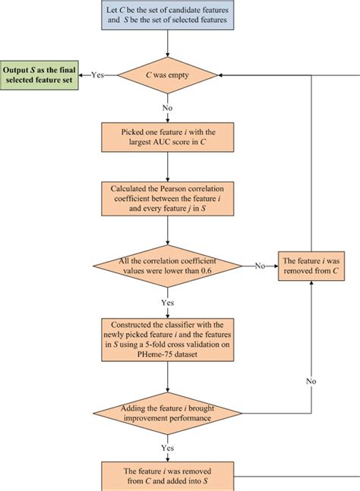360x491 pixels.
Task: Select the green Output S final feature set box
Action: point(39,75)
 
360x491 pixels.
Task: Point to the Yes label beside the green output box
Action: point(97,75)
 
